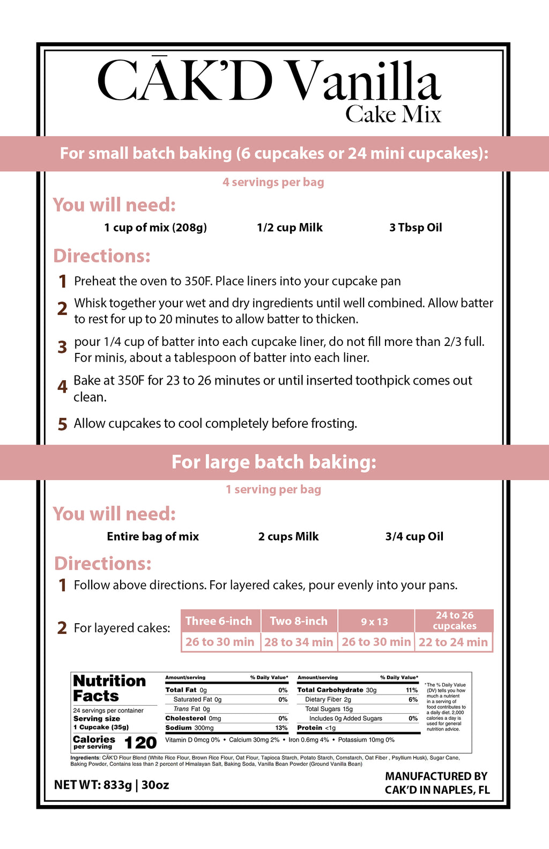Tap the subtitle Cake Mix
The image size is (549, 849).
click(x=393, y=114)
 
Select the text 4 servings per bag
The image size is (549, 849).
click(x=273, y=182)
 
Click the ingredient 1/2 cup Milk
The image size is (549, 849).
click(x=290, y=227)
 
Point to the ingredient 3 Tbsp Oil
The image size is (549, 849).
click(x=416, y=227)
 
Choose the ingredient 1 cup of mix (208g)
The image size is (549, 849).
click(x=155, y=227)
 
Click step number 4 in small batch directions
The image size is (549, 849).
click(x=63, y=387)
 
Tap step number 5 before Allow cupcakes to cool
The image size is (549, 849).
click(x=63, y=424)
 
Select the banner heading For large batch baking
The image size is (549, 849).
click(x=274, y=462)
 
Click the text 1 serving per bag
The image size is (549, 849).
click(x=273, y=490)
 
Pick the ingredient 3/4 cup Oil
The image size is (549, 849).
click(x=414, y=536)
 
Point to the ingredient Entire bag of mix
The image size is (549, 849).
click(x=153, y=536)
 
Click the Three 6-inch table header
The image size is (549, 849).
click(x=219, y=621)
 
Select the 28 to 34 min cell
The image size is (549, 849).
click(x=299, y=642)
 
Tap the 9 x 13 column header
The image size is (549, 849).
click(x=374, y=622)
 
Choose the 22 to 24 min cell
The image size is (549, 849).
click(x=453, y=642)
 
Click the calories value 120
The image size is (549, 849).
click(x=140, y=743)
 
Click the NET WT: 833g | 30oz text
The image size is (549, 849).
click(x=112, y=785)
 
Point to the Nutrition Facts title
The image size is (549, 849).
click(x=109, y=688)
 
